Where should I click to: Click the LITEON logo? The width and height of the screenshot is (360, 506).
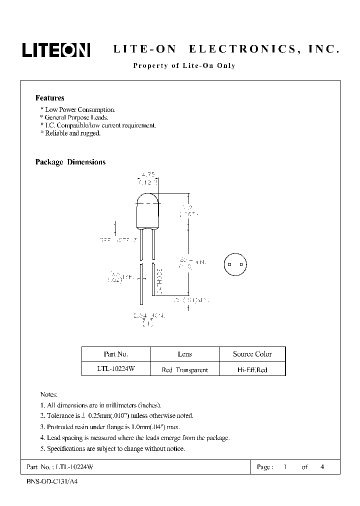(56, 49)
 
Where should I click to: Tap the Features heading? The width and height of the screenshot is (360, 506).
(49, 98)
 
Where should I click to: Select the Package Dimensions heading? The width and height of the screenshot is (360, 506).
(70, 162)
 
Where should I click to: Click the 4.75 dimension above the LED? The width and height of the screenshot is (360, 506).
(148, 175)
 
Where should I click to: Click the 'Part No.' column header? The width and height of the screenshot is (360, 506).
(115, 354)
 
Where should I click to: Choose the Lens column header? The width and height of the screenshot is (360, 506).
(184, 354)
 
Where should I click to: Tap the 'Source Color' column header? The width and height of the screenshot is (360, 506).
(252, 354)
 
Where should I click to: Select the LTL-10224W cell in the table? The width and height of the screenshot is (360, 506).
(115, 369)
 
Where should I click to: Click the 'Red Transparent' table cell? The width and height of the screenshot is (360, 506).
(184, 370)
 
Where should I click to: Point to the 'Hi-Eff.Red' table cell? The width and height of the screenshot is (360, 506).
(252, 370)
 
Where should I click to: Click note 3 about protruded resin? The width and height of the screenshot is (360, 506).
(109, 426)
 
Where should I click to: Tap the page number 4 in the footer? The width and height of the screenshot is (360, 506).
(322, 467)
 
